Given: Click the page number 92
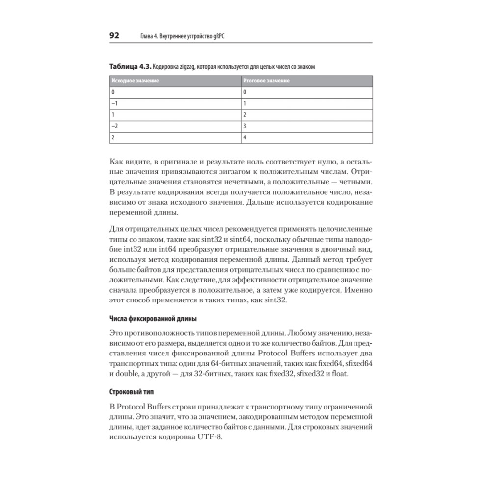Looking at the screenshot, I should [114, 36].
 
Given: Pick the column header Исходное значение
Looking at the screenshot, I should [135, 80].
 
